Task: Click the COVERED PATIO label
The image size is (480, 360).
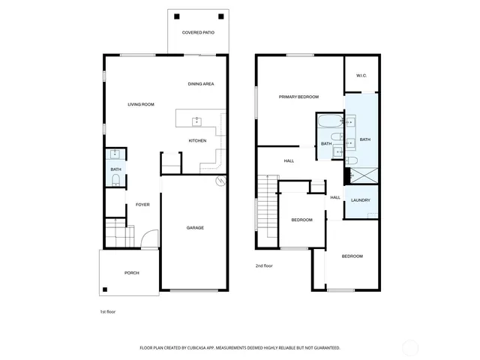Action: coord(198,33)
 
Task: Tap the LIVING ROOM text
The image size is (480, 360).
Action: coord(141,104)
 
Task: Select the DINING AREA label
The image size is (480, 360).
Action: coord(201,84)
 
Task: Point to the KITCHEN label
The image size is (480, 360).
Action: coord(197,141)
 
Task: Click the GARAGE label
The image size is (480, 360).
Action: coord(195,228)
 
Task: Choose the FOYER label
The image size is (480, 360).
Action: coord(142,205)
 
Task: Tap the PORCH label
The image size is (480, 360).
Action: coord(132,273)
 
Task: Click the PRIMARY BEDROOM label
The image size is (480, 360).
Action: coord(298,97)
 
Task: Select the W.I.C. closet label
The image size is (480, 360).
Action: coord(361,75)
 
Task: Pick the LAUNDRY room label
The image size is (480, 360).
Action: coord(361,199)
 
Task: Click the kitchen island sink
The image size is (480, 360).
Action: coord(197,120)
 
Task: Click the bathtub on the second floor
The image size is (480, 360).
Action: coord(327,121)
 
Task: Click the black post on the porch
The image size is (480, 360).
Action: coord(106,290)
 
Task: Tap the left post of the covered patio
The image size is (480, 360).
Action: coord(177,16)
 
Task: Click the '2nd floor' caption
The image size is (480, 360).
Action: coord(263,265)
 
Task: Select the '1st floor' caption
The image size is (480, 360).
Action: coord(108,311)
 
